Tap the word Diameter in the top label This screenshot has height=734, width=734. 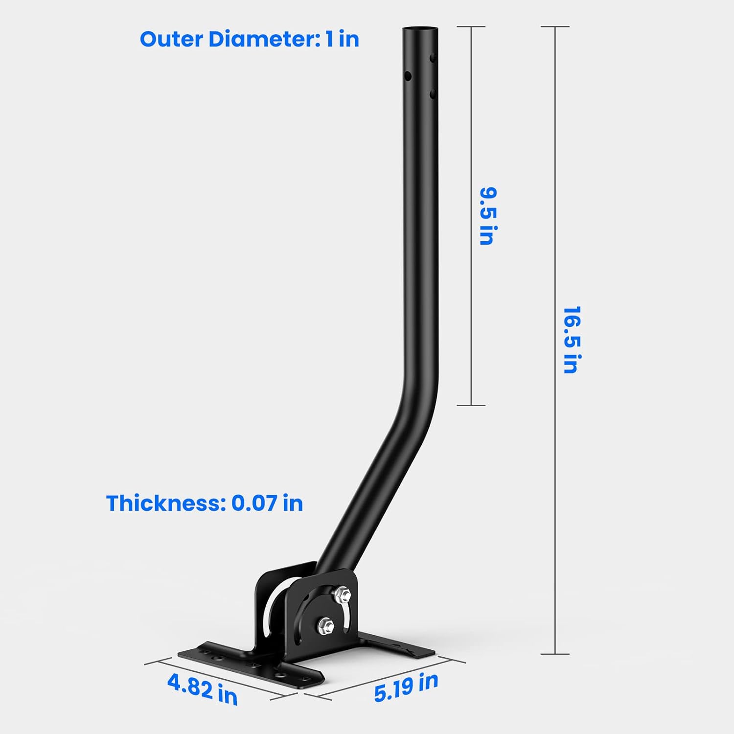click(x=263, y=39)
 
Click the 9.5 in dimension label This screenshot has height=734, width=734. click(x=488, y=215)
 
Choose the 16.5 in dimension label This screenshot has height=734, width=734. click(x=571, y=340)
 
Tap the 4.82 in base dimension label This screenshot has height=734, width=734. click(x=202, y=688)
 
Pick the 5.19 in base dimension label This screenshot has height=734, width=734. click(x=406, y=687)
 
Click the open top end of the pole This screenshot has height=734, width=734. click(x=420, y=30)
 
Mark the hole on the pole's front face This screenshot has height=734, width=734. click(x=408, y=76)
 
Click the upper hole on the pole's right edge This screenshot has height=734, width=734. click(x=433, y=58)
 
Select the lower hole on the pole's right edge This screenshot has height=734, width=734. click(x=433, y=92)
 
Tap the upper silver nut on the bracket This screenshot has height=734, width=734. click(x=343, y=594)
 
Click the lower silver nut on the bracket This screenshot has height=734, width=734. click(x=325, y=625)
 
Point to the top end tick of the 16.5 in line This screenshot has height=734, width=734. click(x=555, y=26)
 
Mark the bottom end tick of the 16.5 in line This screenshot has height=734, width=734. click(x=555, y=654)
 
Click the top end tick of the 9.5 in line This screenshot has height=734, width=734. click(x=471, y=26)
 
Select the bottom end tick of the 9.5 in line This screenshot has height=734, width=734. click(x=471, y=405)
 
